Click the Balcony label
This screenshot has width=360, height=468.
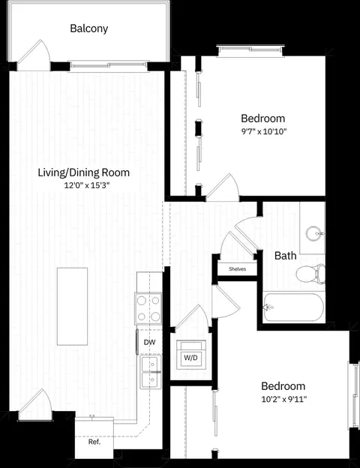[89, 28]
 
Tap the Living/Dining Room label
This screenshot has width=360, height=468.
[83, 172]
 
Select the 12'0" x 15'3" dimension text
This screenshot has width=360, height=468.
[87, 185]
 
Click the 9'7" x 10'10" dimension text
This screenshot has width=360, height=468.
[264, 131]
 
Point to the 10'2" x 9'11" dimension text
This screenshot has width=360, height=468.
[284, 399]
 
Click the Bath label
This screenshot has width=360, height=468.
[285, 256]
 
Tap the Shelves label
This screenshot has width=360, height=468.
[237, 269]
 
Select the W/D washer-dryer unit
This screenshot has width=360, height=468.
[190, 355]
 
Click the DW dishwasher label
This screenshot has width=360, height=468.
[149, 342]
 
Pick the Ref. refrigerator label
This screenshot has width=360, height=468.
[94, 442]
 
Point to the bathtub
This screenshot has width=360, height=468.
[293, 307]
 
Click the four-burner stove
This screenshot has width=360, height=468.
[148, 308]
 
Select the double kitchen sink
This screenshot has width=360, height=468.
[151, 372]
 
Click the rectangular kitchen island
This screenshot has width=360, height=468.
[72, 307]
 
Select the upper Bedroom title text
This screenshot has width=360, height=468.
[263, 118]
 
